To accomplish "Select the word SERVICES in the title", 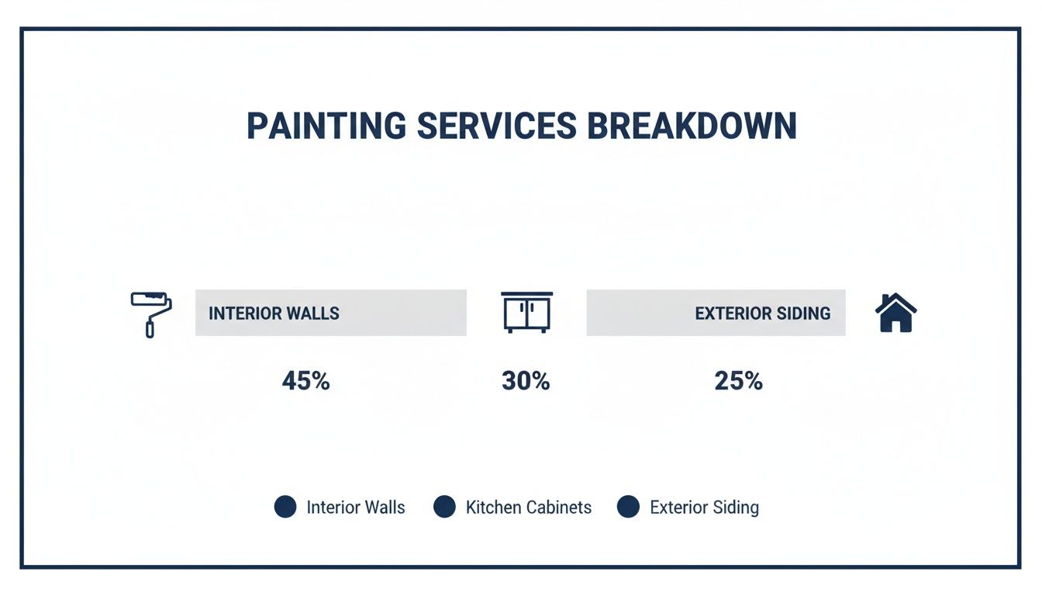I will click(496, 126).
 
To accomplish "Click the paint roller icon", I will click(151, 313).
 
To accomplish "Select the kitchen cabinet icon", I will click(526, 312).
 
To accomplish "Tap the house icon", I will click(895, 313).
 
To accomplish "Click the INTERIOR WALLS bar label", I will click(274, 314).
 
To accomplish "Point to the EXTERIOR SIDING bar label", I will click(762, 314).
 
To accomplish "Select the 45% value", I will click(305, 381).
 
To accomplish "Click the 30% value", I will click(526, 381).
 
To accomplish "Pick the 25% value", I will click(738, 381).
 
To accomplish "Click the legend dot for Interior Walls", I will click(285, 508).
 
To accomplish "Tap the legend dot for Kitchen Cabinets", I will click(444, 508).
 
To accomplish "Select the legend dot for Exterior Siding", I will click(628, 508).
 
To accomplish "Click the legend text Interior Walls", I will click(356, 508).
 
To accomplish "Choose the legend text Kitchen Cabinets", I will click(528, 508).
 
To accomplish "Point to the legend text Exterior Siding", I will click(704, 508).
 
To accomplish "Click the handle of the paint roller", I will click(150, 327).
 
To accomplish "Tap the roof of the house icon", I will click(895, 301).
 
